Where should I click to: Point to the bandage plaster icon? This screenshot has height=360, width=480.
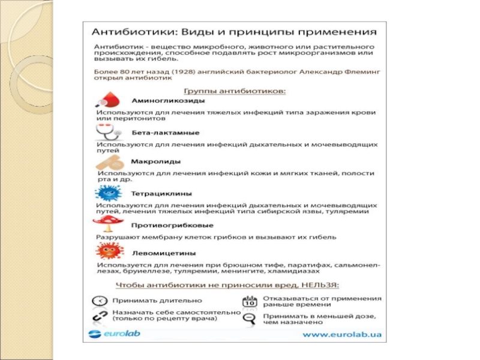tap(110, 163)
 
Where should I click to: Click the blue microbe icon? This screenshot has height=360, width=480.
tap(108, 194)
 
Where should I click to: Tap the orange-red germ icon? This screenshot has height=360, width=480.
tap(108, 250)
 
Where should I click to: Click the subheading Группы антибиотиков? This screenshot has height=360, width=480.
tap(234, 91)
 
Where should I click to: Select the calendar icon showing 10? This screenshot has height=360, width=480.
tap(248, 301)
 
